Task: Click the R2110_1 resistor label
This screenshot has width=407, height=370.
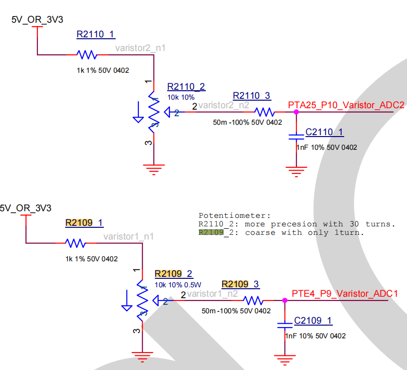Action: point(95,34)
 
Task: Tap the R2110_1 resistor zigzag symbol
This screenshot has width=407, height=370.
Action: point(87,55)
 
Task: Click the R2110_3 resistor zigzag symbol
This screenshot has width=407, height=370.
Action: point(264,112)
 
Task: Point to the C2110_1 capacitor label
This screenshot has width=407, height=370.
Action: point(324,132)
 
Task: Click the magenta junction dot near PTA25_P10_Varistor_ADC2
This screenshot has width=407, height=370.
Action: point(296,112)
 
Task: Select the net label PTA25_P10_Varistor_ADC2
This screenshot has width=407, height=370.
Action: point(346,105)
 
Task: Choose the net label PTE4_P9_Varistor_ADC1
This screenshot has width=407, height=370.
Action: point(345,293)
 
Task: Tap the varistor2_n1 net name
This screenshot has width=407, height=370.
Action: point(140,48)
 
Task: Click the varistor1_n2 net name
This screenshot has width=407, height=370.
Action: point(212,294)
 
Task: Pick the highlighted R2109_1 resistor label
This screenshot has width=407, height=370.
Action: point(84,223)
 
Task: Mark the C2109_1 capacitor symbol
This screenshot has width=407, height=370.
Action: point(284,325)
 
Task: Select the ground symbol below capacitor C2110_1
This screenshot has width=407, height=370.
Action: point(296,171)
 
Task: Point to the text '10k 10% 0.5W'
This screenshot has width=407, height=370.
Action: point(178,284)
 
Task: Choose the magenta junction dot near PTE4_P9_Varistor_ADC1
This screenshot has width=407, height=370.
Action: point(284,300)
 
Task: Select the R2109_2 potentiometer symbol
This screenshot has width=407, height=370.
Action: point(142,299)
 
